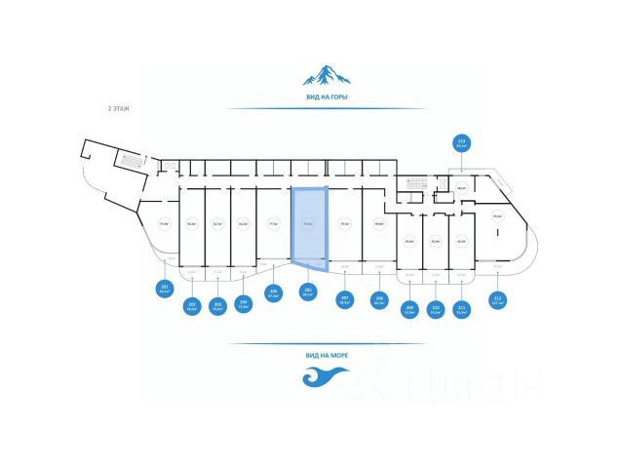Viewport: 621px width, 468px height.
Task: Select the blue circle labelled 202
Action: pyautogui.click(x=192, y=307)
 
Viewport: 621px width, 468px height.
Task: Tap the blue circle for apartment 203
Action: pyautogui.click(x=217, y=305)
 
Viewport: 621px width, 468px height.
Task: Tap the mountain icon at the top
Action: pyautogui.click(x=326, y=76)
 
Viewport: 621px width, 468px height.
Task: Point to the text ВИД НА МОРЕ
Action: pyautogui.click(x=326, y=356)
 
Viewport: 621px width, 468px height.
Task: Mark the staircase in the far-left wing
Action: pyautogui.click(x=129, y=157)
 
